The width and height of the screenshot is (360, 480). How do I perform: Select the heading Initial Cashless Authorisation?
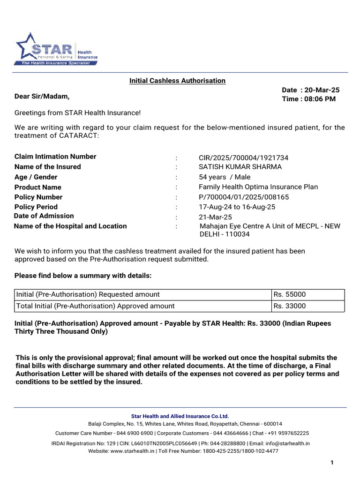click(x=177, y=81)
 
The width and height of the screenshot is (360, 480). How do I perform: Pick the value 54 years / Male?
click(x=225, y=177)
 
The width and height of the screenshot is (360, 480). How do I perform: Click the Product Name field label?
click(x=38, y=187)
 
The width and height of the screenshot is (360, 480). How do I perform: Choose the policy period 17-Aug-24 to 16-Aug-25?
click(x=237, y=207)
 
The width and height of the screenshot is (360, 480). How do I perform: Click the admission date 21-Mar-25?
click(x=215, y=217)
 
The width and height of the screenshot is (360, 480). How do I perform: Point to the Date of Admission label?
click(x=44, y=216)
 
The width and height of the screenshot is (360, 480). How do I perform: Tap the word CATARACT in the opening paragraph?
click(x=79, y=136)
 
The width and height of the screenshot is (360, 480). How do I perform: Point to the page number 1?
click(x=332, y=463)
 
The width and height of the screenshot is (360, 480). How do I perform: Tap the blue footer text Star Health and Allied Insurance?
click(x=180, y=416)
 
